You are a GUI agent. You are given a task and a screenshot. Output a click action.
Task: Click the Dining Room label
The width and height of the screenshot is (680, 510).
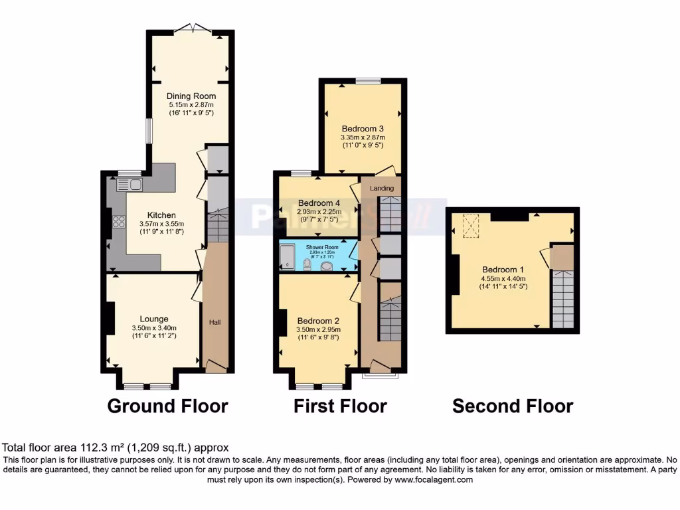click(191, 96)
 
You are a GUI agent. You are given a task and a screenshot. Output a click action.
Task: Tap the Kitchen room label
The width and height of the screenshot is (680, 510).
click(161, 215)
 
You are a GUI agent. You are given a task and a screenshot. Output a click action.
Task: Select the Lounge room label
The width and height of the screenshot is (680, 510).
click(153, 319)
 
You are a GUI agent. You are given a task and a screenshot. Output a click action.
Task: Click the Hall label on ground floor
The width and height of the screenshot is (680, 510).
click(215, 322)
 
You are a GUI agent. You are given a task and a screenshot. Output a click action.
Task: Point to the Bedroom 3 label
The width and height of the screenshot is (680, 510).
click(363, 128)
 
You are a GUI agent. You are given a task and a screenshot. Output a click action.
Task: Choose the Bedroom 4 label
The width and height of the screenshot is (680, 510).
click(319, 203)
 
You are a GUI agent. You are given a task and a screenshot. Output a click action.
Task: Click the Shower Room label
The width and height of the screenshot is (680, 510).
click(322, 247)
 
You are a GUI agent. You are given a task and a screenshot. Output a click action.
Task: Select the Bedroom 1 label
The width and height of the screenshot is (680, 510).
click(503, 269)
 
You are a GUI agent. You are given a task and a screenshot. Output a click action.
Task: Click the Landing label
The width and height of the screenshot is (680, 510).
click(382, 189)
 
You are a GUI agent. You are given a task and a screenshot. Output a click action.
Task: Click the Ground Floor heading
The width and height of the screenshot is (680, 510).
click(167, 406)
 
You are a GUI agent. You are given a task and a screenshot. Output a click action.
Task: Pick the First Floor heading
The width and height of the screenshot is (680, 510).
click(340, 406)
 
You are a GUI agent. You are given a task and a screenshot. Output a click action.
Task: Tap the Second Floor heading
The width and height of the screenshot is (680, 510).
click(513, 406)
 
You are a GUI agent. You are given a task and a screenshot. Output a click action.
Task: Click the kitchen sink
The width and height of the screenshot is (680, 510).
click(130, 185)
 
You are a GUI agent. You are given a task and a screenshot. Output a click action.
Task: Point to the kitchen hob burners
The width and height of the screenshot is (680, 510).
click(120, 221)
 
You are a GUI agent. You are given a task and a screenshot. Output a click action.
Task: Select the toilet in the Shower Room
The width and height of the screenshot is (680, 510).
click(307, 264)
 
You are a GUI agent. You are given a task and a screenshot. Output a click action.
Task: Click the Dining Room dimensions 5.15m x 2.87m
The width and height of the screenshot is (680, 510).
click(191, 105)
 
